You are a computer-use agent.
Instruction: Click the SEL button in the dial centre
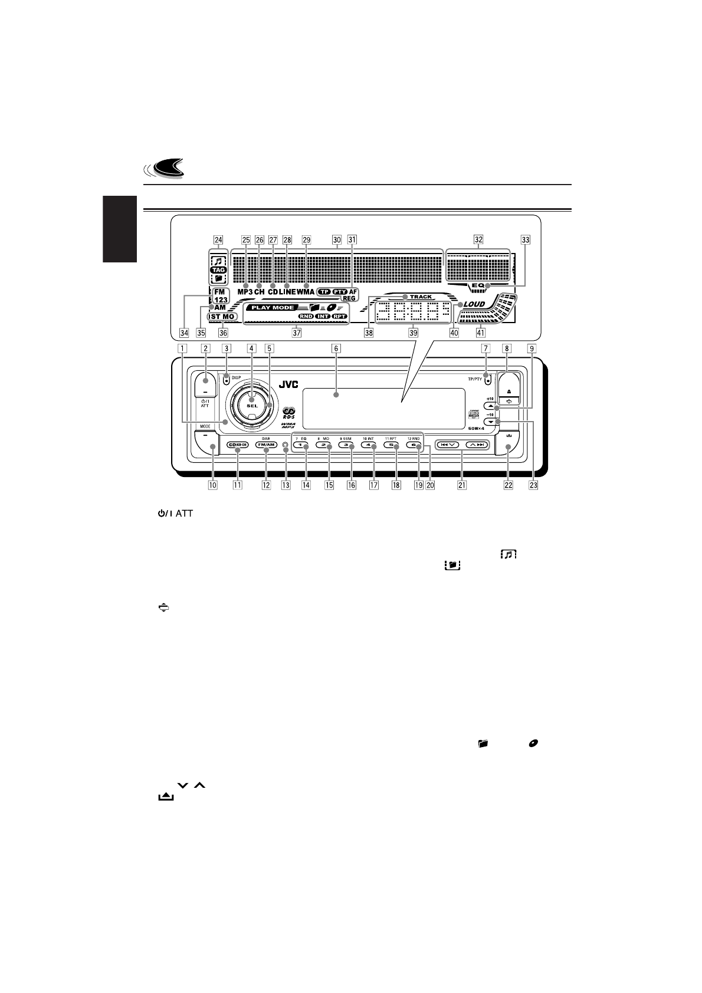pyautogui.click(x=252, y=407)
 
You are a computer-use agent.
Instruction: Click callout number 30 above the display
pyautogui.click(x=337, y=240)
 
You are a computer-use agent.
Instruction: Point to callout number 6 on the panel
pyautogui.click(x=336, y=348)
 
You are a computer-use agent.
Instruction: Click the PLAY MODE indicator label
pyautogui.click(x=272, y=308)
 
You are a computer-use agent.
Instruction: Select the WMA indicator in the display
pyautogui.click(x=306, y=292)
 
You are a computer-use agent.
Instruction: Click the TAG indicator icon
pyautogui.click(x=218, y=269)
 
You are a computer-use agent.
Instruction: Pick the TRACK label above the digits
pyautogui.click(x=421, y=297)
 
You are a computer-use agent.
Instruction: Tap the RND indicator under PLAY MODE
pyautogui.click(x=306, y=317)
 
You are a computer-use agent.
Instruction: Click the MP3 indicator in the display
pyautogui.click(x=245, y=292)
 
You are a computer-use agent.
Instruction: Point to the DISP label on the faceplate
pyautogui.click(x=237, y=376)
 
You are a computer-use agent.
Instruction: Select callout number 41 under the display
pyautogui.click(x=480, y=332)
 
